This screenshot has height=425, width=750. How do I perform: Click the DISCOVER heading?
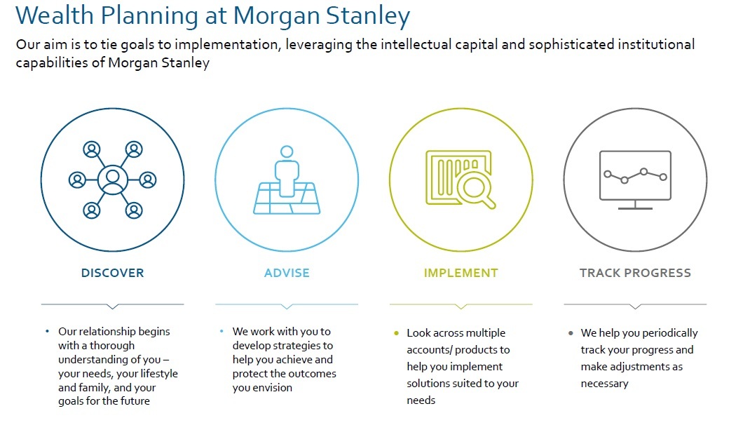pos(112,273)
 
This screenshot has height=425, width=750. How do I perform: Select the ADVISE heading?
pos(287,273)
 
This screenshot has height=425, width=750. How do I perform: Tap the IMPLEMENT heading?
pos(461,273)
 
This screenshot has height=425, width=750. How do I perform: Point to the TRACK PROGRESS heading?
pos(635,273)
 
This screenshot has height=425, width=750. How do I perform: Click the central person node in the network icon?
pos(113,180)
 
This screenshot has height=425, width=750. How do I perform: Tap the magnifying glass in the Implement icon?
pos(475,189)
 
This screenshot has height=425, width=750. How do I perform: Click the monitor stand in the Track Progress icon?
pos(635,205)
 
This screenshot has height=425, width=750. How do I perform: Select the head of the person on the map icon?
pos(287,151)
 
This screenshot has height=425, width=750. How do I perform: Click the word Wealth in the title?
pos(55,15)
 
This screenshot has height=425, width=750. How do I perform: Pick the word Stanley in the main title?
pos(368,16)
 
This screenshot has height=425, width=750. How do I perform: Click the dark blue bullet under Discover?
pos(48,331)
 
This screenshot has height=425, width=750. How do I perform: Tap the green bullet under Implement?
pos(396,332)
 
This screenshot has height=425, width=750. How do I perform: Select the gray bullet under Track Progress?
pos(571,332)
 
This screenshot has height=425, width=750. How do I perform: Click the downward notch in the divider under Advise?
pos(287,306)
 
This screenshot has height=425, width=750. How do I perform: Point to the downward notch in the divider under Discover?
pos(113,306)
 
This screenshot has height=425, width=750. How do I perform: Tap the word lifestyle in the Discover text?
pos(159,374)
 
